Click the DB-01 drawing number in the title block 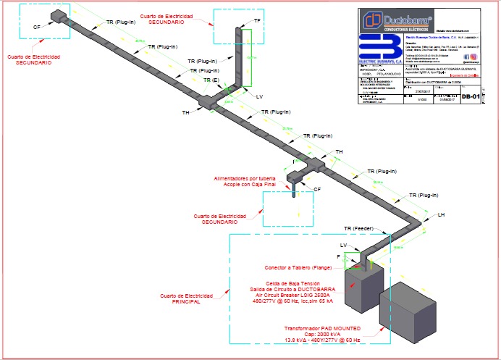point(471,96)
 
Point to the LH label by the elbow point(441,215)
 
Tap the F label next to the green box point(338,256)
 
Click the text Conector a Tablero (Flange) point(293,267)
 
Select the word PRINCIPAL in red point(186,301)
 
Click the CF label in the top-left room point(37,27)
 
